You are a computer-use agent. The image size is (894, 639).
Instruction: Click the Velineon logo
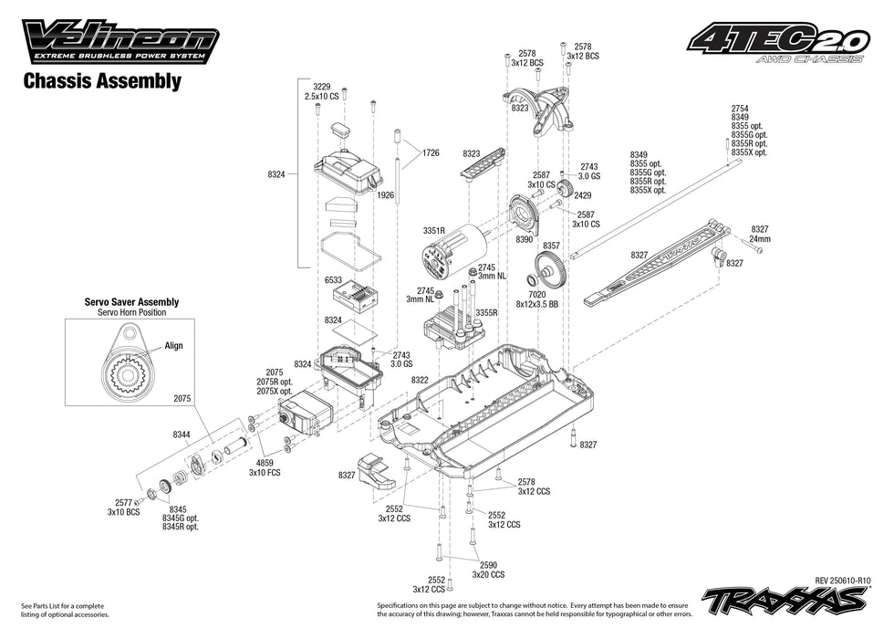pos(121,41)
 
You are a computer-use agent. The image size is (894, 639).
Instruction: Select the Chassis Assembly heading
pos(100,81)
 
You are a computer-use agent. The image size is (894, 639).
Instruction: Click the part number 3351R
pos(434,233)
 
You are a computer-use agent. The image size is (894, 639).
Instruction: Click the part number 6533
pos(332,281)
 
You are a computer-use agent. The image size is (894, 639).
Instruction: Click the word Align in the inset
pos(173,346)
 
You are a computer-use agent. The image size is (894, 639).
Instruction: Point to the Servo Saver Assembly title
pos(131,301)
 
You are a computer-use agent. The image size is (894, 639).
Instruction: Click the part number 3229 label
pos(320,85)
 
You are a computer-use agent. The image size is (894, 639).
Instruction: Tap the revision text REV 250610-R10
pos(844,580)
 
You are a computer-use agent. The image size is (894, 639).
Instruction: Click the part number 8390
pos(524,239)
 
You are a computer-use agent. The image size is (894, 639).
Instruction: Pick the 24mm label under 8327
pos(760,238)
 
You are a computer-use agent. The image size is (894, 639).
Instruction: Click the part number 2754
pos(741,108)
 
